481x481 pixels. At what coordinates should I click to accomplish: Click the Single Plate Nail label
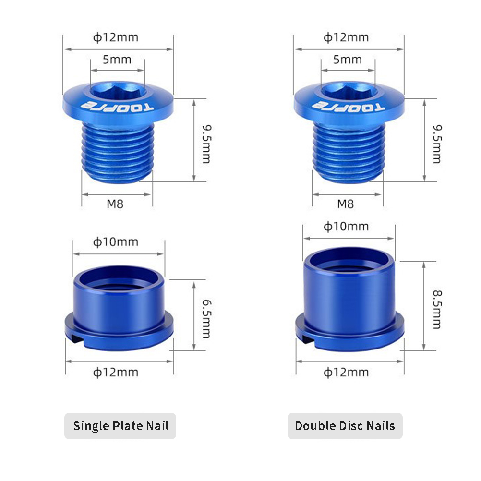[120, 426]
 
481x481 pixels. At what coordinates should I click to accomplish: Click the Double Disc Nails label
[345, 426]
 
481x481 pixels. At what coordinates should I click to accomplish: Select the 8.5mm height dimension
[437, 309]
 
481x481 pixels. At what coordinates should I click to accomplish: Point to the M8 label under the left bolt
[115, 204]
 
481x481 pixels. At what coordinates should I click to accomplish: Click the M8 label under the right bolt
[346, 204]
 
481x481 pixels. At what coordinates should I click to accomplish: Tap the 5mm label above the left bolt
[117, 59]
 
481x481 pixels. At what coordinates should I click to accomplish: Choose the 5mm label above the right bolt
[348, 59]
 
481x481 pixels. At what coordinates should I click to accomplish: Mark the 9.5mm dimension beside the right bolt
[437, 144]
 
